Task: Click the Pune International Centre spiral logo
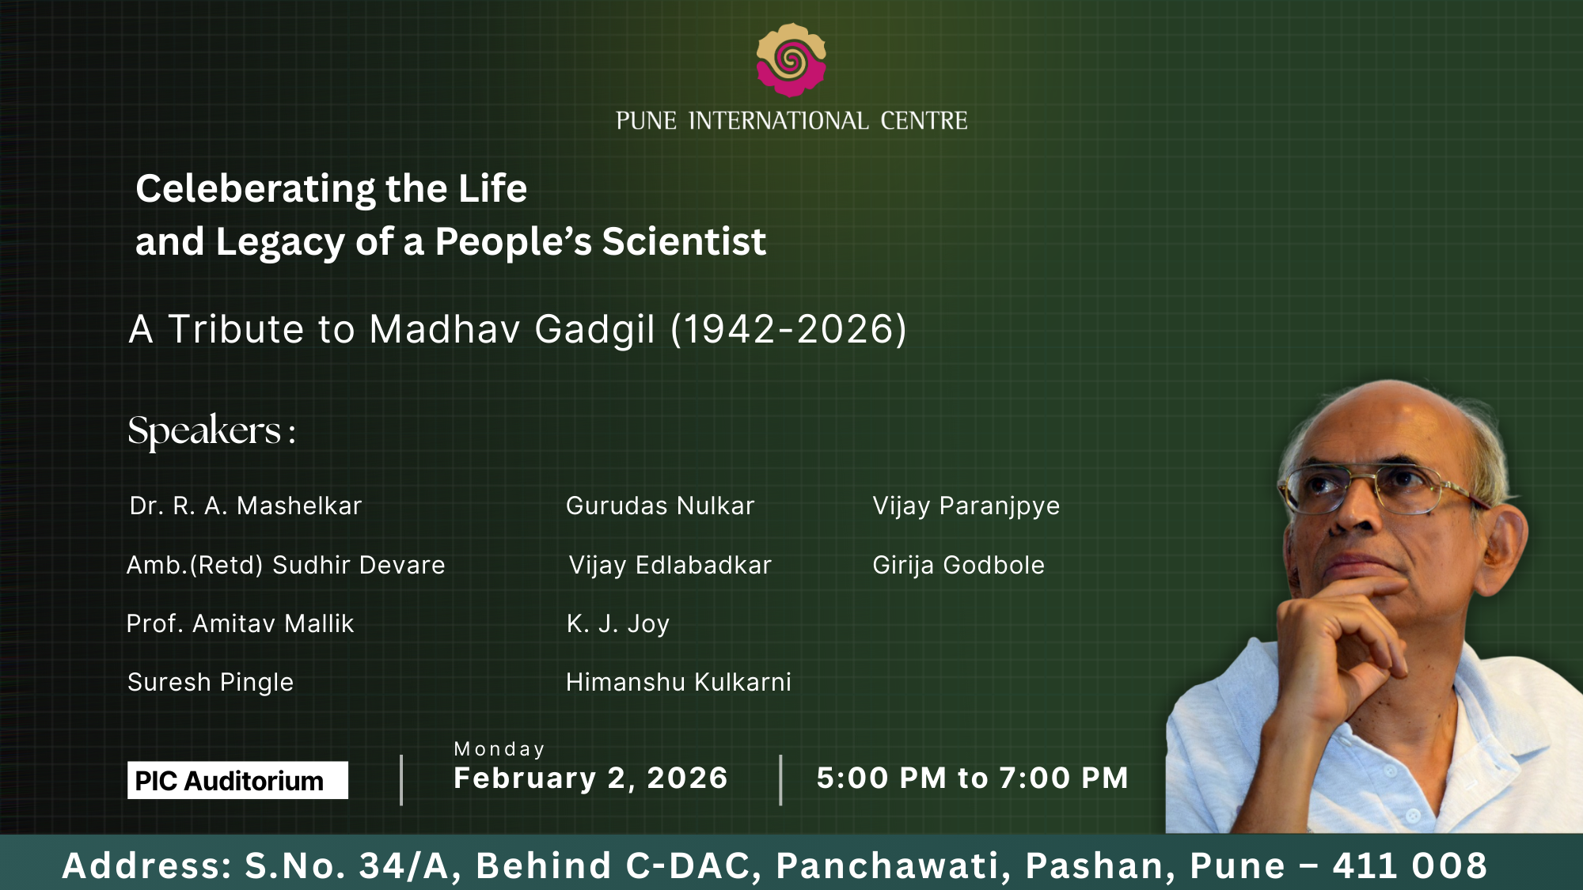(x=791, y=60)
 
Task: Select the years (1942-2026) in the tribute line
(x=788, y=329)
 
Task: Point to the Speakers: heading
(x=211, y=431)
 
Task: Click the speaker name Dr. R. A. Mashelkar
(x=245, y=506)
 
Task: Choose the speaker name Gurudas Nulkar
(x=660, y=506)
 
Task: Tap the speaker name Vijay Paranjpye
(x=966, y=506)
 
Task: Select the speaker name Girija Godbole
(x=959, y=565)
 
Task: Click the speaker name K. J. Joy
(x=618, y=624)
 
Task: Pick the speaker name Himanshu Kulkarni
(x=678, y=682)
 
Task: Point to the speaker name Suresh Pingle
(x=211, y=683)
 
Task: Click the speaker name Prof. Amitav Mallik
(x=240, y=623)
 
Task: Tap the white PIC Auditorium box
(x=237, y=780)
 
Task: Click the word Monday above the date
(x=499, y=749)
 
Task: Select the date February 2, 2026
(x=590, y=778)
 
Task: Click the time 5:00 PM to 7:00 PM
(x=973, y=778)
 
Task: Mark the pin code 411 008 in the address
(x=1410, y=865)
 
